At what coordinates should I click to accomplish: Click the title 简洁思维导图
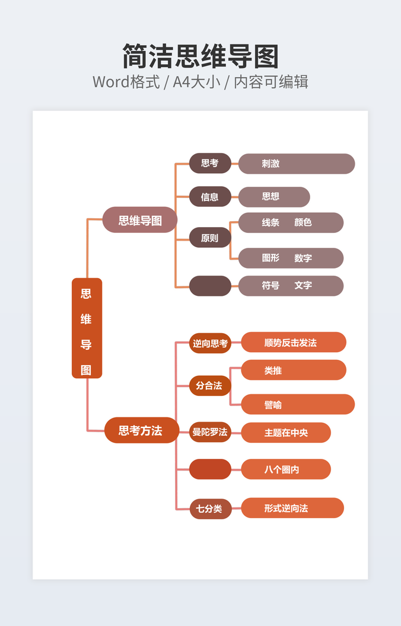click(200, 56)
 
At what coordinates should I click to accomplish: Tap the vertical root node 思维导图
click(87, 328)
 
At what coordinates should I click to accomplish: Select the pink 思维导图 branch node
click(140, 220)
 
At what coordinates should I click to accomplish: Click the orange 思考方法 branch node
click(141, 430)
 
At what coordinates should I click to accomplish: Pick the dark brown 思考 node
click(210, 163)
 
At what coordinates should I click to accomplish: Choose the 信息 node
click(210, 197)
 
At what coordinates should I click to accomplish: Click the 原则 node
click(210, 238)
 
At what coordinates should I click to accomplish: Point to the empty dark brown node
click(210, 286)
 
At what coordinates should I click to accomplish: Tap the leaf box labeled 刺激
click(296, 164)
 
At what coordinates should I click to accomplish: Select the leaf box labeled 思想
click(274, 197)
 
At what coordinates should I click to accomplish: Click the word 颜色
click(303, 222)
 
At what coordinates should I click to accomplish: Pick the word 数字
click(303, 258)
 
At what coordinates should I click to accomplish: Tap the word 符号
click(270, 285)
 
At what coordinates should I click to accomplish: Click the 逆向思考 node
click(210, 343)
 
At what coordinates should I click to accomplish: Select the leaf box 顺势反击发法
click(293, 342)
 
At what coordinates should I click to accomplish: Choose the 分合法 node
click(210, 385)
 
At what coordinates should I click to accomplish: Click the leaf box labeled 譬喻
click(297, 404)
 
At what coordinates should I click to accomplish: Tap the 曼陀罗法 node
click(210, 432)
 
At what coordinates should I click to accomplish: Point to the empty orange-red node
click(210, 469)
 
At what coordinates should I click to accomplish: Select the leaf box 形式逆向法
click(292, 508)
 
